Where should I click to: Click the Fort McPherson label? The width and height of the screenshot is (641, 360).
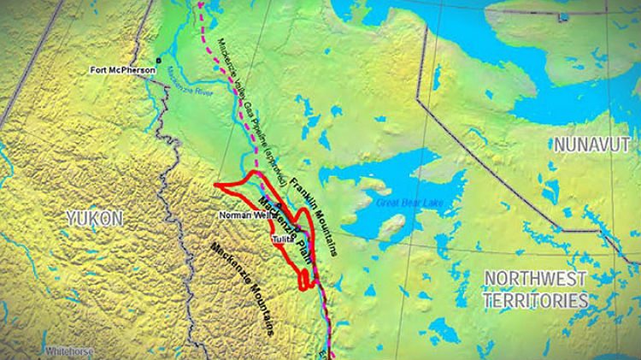pyautogui.click(x=122, y=69)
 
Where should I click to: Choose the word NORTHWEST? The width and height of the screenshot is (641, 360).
pyautogui.click(x=535, y=279)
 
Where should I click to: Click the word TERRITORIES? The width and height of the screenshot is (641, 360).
pyautogui.click(x=535, y=300)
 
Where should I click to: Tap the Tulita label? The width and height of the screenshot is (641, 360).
pyautogui.click(x=283, y=239)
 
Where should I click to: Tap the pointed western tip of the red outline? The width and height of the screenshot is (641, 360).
pyautogui.click(x=215, y=185)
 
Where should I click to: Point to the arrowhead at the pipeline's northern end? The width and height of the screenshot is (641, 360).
pyautogui.click(x=202, y=4)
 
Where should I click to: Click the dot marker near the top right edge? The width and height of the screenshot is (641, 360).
pyautogui.click(x=562, y=16)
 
